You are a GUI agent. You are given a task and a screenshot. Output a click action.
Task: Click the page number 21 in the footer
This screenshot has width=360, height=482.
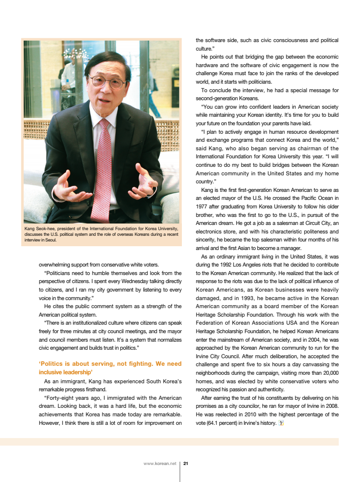tap(186, 464)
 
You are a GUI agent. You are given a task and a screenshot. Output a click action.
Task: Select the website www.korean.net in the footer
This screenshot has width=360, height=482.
tap(159, 464)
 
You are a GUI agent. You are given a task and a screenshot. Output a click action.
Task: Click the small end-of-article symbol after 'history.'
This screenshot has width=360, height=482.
tap(281, 422)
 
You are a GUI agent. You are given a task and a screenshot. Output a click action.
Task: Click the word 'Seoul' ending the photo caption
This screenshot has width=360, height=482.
tap(50, 240)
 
